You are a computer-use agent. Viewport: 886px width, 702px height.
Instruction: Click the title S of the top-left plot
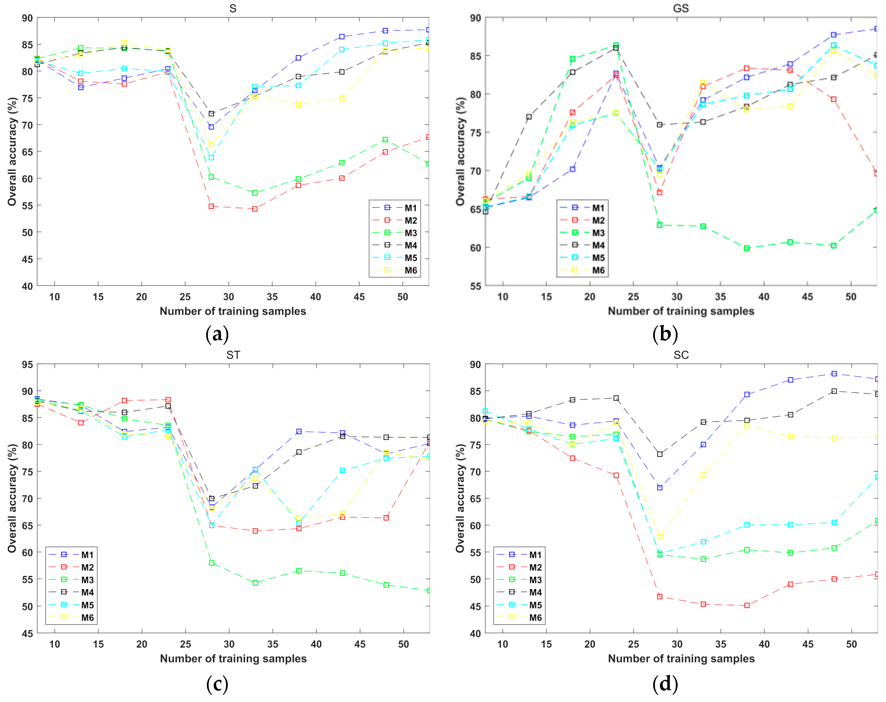pyautogui.click(x=233, y=9)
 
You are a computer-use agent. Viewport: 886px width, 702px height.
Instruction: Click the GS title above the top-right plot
pyautogui.click(x=681, y=9)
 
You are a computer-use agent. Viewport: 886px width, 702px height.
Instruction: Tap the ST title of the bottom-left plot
pyautogui.click(x=233, y=355)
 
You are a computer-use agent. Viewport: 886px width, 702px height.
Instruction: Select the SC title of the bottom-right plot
pyautogui.click(x=681, y=355)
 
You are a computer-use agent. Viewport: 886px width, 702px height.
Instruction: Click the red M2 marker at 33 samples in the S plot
pyautogui.click(x=255, y=209)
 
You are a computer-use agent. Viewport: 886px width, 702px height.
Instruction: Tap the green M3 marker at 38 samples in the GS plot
pyautogui.click(x=747, y=248)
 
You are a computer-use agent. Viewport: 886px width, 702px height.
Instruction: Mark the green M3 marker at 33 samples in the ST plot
pyautogui.click(x=255, y=583)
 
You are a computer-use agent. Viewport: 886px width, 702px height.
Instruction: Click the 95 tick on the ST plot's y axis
pyautogui.click(x=27, y=365)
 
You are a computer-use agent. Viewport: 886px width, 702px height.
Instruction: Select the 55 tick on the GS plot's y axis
pyautogui.click(x=476, y=286)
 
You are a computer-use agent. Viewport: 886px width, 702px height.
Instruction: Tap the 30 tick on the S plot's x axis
pyautogui.click(x=229, y=297)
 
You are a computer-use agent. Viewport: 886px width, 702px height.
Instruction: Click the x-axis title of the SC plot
pyautogui.click(x=681, y=658)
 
